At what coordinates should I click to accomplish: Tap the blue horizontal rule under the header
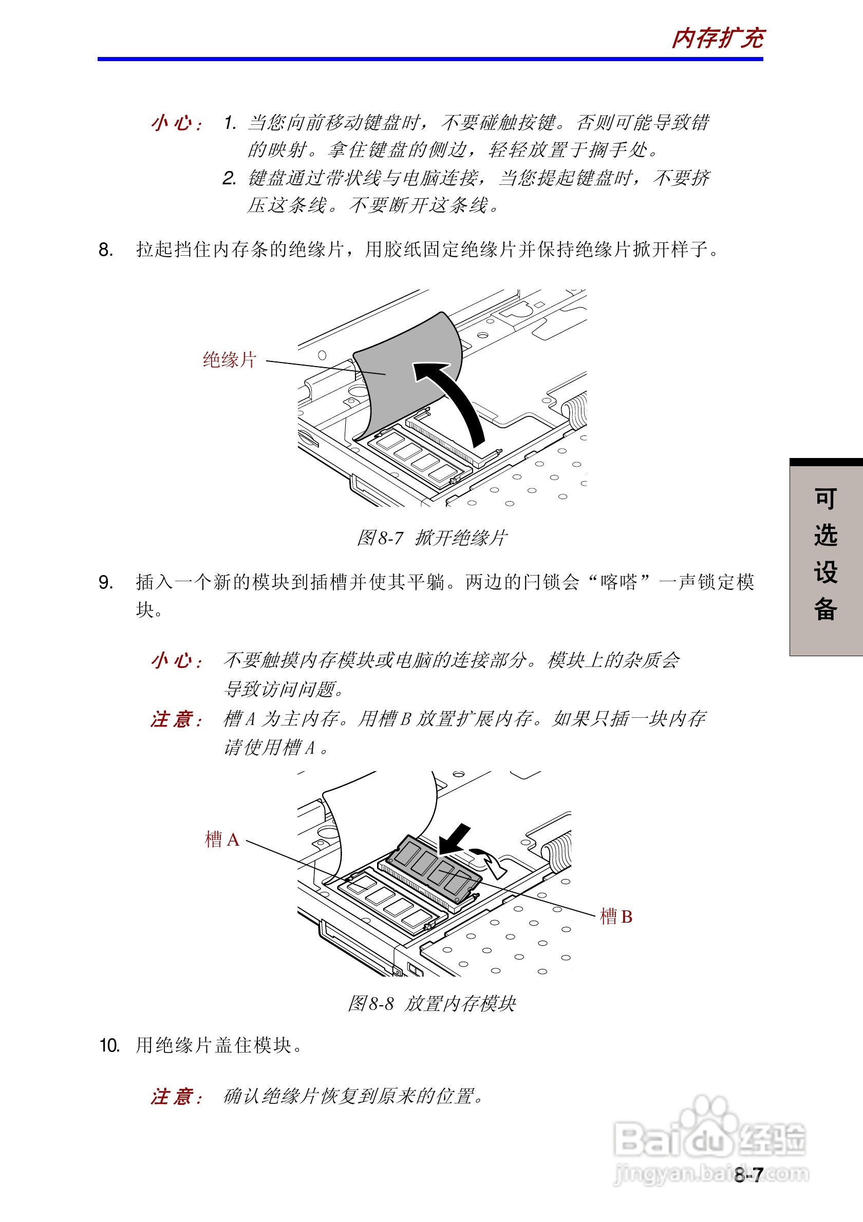click(x=429, y=59)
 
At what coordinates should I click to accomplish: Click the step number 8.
click(x=105, y=250)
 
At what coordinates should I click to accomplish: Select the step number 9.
click(x=105, y=582)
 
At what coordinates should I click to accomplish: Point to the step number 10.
click(x=109, y=1045)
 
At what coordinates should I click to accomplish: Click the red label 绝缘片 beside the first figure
click(x=230, y=360)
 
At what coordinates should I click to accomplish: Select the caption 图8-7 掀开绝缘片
click(x=432, y=538)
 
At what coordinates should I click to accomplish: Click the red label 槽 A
click(x=222, y=839)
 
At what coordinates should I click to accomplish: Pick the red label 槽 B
click(x=616, y=916)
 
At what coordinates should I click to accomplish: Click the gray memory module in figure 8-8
click(x=434, y=868)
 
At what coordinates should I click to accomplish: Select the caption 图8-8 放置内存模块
click(x=432, y=1004)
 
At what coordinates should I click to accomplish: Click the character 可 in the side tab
click(x=825, y=499)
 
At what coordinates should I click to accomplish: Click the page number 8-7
click(x=748, y=1175)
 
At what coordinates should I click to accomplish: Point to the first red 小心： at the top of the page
click(x=176, y=123)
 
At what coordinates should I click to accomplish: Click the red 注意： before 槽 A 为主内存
click(x=176, y=719)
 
